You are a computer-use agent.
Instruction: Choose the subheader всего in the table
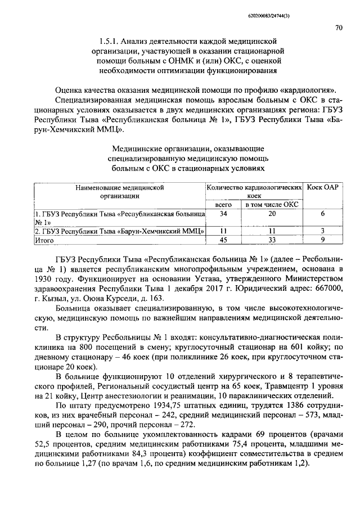pyautogui.click(x=223, y=205)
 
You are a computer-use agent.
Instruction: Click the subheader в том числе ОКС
pyautogui.click(x=272, y=205)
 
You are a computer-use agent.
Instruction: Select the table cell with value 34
pyautogui.click(x=223, y=214)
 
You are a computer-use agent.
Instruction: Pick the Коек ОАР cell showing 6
pyautogui.click(x=322, y=214)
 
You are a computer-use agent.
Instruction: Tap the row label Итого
pyautogui.click(x=43, y=240)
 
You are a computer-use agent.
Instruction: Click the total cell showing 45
pyautogui.click(x=223, y=240)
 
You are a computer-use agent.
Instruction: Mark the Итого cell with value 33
pyautogui.click(x=272, y=240)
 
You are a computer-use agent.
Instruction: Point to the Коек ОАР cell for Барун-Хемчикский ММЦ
pyautogui.click(x=322, y=231)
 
